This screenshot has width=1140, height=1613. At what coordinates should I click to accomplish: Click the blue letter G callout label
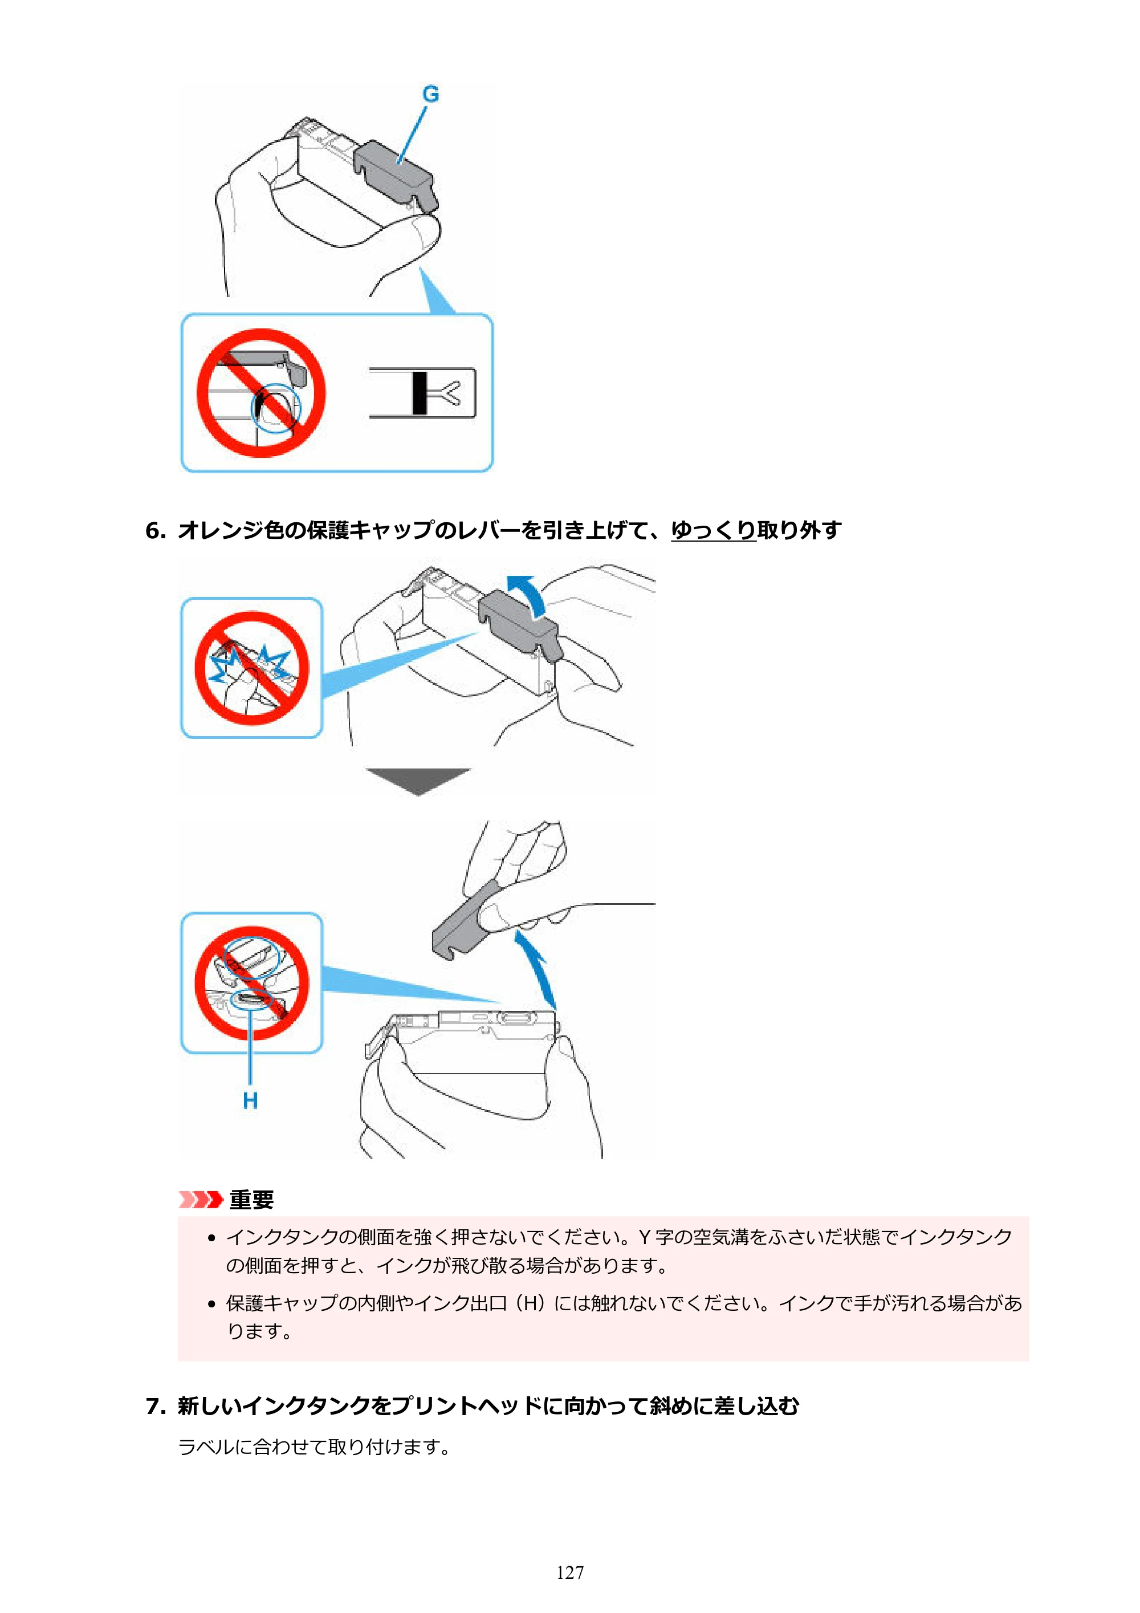(x=430, y=94)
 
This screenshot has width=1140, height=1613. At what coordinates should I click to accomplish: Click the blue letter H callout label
(x=250, y=1101)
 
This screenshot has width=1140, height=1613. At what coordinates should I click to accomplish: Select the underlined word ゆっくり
(x=713, y=530)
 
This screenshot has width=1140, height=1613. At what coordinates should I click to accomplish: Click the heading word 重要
(x=251, y=1199)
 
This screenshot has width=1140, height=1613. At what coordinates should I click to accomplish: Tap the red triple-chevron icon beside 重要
(x=201, y=1199)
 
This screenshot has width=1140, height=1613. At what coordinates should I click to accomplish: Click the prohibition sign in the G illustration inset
(x=260, y=393)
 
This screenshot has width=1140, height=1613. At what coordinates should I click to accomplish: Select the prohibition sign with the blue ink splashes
(x=251, y=668)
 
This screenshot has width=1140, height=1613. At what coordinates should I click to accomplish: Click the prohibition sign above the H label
(x=251, y=983)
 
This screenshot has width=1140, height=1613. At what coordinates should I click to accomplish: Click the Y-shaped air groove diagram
(x=422, y=393)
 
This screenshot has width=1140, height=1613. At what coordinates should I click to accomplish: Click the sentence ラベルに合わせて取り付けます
(x=314, y=1447)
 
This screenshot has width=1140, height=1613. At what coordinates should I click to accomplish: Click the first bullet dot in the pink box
(x=211, y=1238)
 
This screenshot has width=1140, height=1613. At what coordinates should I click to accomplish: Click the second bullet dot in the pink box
(x=211, y=1305)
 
